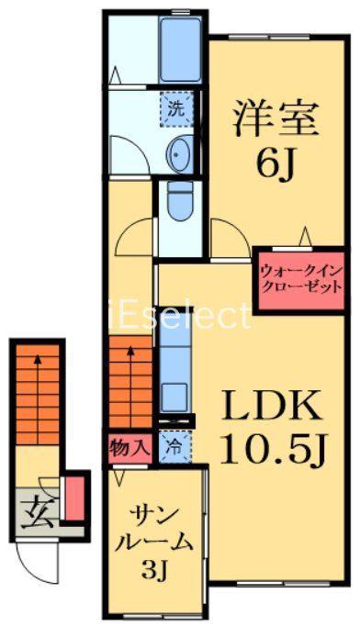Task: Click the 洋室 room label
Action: [276, 118]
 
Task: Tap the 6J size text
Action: [276, 165]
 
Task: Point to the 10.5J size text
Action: [276, 449]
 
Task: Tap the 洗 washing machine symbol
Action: [176, 109]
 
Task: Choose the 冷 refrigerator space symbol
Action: [175, 447]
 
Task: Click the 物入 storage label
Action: [129, 448]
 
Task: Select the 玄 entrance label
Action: [38, 512]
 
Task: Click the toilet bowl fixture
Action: [179, 200]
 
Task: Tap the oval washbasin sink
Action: [179, 152]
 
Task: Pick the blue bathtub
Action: [180, 50]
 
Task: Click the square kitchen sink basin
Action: [174, 397]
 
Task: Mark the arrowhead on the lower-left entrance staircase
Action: [38, 360]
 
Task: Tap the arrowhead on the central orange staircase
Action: [130, 352]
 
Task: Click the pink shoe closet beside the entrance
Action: [74, 498]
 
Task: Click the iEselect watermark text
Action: [179, 316]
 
